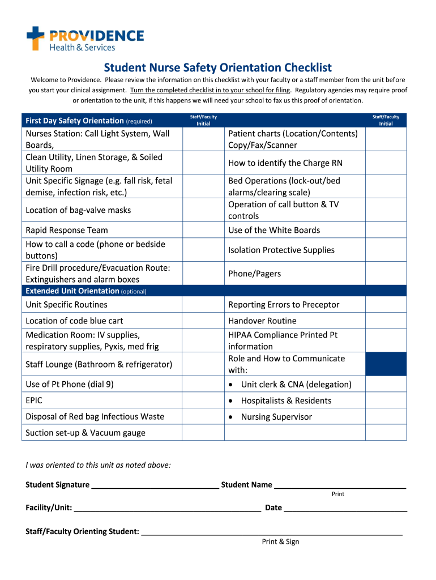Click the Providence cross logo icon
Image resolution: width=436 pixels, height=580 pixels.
click(x=35, y=38)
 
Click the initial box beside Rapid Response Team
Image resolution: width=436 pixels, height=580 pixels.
click(x=203, y=230)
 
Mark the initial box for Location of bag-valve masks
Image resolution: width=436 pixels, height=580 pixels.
click(x=203, y=210)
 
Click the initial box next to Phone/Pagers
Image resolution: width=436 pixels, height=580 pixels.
click(x=386, y=274)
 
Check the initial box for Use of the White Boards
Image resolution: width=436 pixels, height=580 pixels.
click(x=386, y=230)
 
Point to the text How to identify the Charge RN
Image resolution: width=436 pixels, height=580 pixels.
click(x=285, y=163)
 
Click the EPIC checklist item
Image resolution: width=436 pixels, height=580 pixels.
click(x=34, y=400)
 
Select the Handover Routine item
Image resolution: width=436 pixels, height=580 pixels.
click(x=262, y=321)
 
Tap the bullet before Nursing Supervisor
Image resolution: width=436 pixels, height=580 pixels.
click(x=232, y=417)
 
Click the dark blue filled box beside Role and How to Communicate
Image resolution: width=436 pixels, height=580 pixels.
click(x=386, y=364)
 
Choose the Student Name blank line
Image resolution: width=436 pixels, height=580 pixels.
click(x=340, y=485)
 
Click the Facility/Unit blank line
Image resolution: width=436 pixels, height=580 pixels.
click(x=167, y=508)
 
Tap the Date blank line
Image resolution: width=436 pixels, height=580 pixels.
click(x=345, y=508)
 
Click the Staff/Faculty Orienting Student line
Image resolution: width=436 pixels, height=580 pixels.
click(x=272, y=532)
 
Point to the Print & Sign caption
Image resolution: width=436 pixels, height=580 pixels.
click(x=280, y=542)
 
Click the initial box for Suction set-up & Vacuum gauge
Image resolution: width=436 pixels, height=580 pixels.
click(x=203, y=433)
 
